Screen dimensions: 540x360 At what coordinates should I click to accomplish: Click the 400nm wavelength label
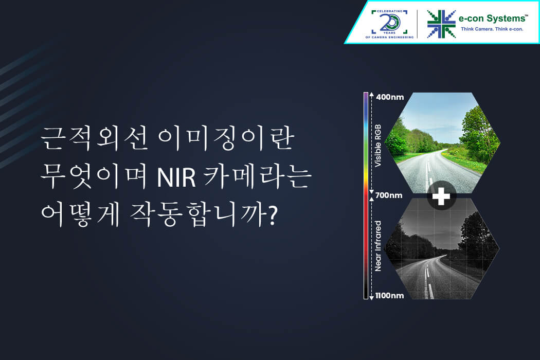[x=390, y=97]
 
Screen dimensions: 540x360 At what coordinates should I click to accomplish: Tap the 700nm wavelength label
[x=389, y=195]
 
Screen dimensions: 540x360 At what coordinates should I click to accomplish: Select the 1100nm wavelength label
[x=389, y=296]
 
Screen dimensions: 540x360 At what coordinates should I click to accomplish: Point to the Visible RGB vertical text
[x=378, y=146]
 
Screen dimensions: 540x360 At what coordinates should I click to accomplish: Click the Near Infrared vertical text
[x=378, y=246]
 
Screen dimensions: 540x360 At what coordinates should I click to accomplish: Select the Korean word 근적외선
[x=94, y=138]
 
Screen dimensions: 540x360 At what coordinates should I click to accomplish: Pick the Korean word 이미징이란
[x=227, y=138]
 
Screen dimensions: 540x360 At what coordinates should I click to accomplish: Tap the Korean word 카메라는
[x=258, y=176]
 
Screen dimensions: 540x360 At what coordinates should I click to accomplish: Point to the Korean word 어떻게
[x=80, y=214]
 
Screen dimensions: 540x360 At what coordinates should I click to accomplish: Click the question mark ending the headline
[x=272, y=215]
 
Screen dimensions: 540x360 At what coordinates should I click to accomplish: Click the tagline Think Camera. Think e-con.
[x=492, y=29]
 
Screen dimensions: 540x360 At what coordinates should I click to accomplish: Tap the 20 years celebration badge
[x=389, y=24]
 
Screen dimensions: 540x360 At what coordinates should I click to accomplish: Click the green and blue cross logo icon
[x=441, y=24]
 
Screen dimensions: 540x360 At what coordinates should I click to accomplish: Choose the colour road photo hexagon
[x=442, y=142]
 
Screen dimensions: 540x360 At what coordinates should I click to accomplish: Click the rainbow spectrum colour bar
[x=366, y=195]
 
